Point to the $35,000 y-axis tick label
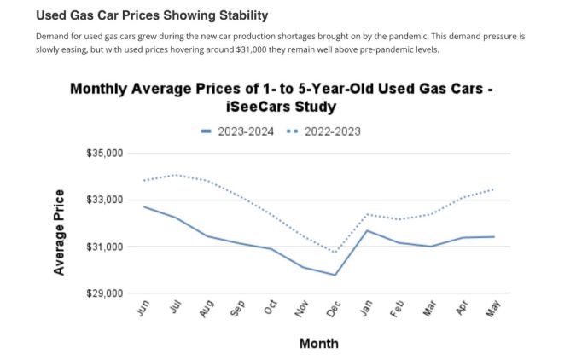105,154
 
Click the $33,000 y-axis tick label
105,200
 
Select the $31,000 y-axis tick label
105,247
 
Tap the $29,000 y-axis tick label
105,293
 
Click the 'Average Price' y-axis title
59,232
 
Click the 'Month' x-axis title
318,344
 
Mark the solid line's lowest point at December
335,275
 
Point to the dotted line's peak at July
176,175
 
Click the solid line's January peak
366,230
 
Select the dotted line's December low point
335,252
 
